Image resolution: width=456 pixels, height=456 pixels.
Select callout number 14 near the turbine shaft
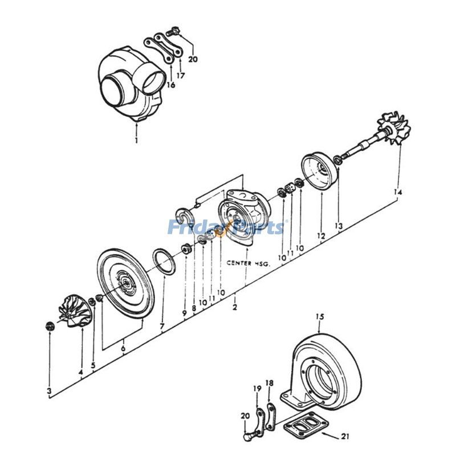pyautogui.click(x=397, y=193)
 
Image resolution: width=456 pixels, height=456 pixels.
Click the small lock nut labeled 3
pyautogui.click(x=50, y=326)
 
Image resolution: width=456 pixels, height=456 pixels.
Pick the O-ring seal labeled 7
pyautogui.click(x=165, y=262)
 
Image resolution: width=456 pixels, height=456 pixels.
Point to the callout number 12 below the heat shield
pyautogui.click(x=321, y=235)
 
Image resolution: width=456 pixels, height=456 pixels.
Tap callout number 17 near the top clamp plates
pyautogui.click(x=181, y=75)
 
